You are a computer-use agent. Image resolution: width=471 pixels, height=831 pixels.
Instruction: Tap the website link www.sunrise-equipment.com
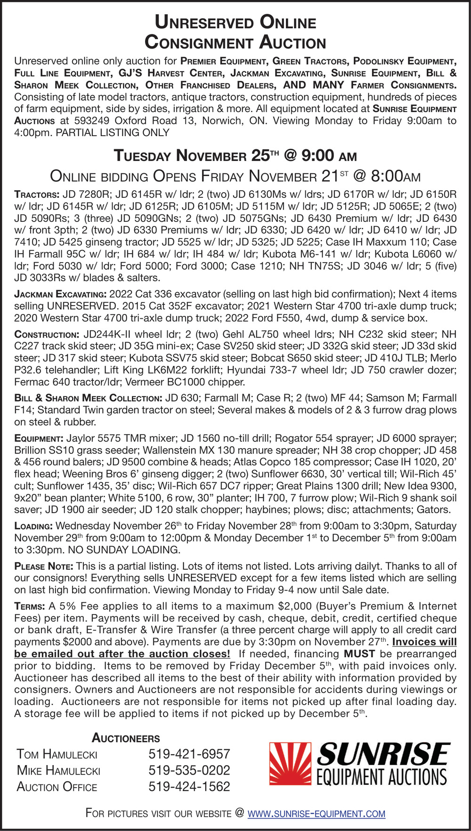click(x=316, y=814)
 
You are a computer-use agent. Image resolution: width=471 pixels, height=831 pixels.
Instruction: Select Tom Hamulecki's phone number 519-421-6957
click(x=189, y=754)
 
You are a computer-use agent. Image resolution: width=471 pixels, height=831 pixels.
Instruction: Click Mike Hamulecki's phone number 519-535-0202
click(x=189, y=770)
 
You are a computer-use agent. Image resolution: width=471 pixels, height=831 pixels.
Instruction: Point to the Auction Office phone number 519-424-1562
click(x=189, y=787)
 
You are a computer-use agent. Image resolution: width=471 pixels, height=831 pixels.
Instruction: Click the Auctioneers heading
click(x=126, y=738)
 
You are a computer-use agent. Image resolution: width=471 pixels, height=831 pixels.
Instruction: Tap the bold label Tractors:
click(x=37, y=194)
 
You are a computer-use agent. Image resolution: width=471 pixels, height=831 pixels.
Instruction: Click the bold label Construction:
click(x=47, y=335)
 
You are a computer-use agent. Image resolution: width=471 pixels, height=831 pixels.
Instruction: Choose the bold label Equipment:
click(x=39, y=439)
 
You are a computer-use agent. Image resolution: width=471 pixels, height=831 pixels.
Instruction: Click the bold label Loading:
click(x=33, y=526)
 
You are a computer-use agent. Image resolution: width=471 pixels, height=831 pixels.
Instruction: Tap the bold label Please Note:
click(x=44, y=566)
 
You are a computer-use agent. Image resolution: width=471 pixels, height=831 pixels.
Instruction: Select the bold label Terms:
click(x=29, y=606)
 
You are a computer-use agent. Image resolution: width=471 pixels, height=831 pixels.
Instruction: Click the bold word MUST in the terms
click(x=359, y=654)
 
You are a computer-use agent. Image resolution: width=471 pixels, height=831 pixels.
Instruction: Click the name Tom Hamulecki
click(x=57, y=754)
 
